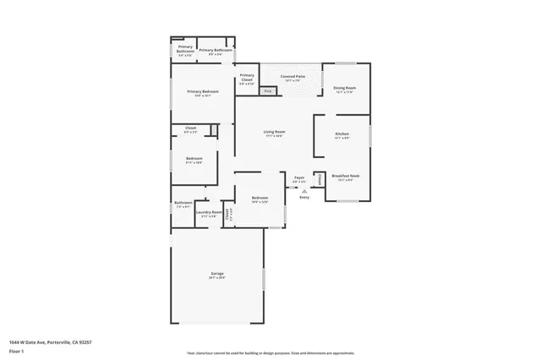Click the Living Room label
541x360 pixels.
(273, 132)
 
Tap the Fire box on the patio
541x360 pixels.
(268, 90)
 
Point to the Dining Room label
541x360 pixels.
(343, 88)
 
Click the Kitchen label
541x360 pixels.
(342, 134)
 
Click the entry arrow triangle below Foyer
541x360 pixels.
(303, 191)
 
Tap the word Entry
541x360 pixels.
(304, 198)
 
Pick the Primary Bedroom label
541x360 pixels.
(203, 91)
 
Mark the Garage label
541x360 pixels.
(217, 274)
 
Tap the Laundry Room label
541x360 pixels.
(209, 212)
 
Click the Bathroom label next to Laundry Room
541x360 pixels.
(183, 203)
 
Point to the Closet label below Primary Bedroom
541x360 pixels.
(190, 128)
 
